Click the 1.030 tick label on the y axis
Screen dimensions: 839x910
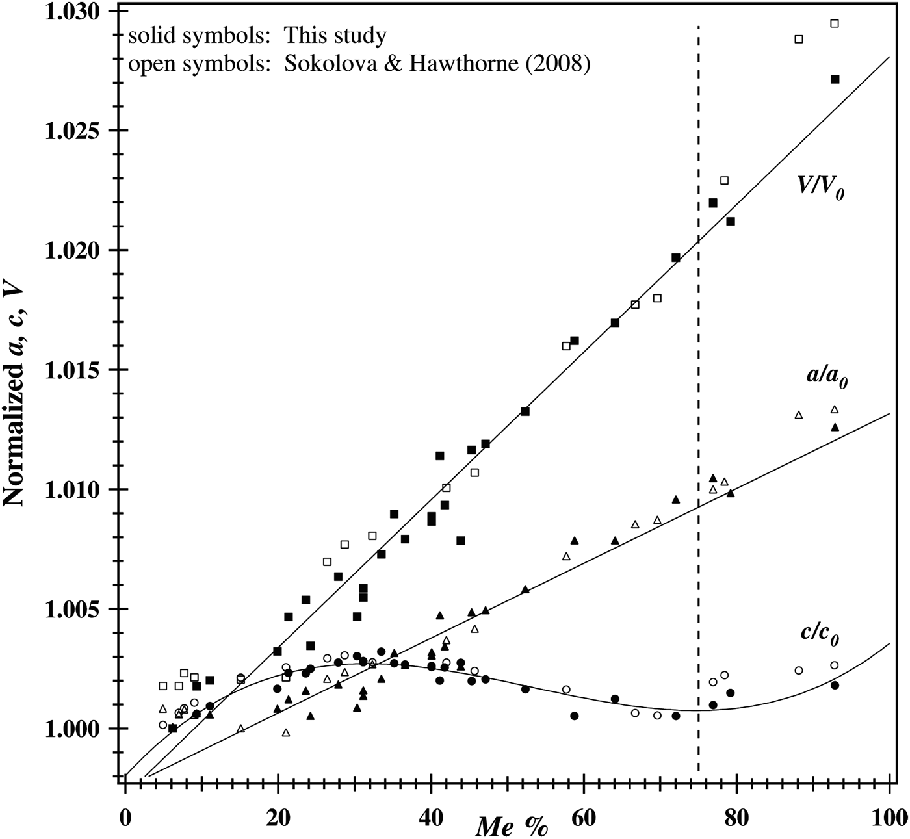pos(70,12)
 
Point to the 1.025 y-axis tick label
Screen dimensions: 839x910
pos(70,131)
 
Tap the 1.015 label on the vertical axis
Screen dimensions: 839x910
pos(70,370)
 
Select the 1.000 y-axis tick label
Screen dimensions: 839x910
pos(70,729)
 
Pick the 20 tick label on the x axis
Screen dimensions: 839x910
pos(278,816)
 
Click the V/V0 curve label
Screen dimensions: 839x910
pos(821,187)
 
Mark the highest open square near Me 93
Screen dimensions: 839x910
pos(835,23)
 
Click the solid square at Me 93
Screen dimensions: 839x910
pos(835,79)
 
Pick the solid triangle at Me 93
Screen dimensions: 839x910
pos(835,427)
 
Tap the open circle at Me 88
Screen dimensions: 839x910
pos(799,670)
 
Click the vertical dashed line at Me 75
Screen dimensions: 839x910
pos(698,390)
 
